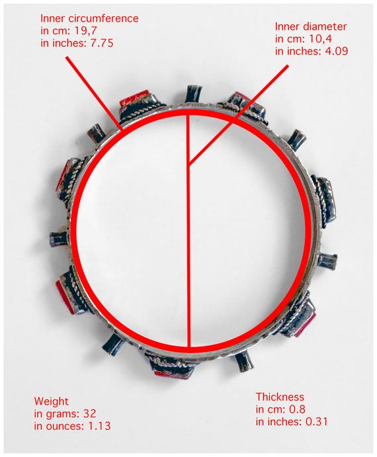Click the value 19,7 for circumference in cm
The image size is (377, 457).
[86, 30]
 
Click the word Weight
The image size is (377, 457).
[52, 401]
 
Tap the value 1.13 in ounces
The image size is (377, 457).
[99, 426]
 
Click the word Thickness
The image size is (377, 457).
[280, 397]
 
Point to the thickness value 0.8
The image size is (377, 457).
[297, 409]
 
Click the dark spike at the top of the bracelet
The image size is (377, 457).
[194, 94]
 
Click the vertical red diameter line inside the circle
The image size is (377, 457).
[188, 230]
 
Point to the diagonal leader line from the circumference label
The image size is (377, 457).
[94, 93]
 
